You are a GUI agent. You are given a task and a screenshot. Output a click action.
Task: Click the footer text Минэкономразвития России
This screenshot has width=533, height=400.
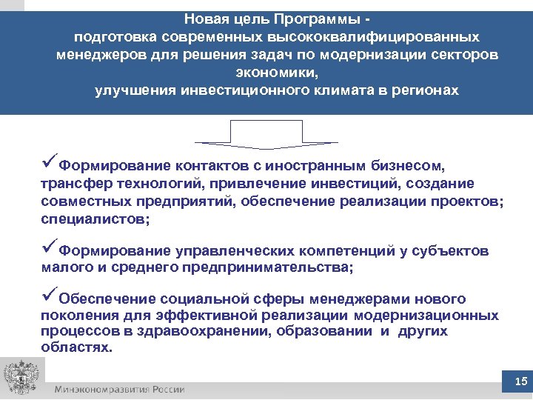coord(118,390)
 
